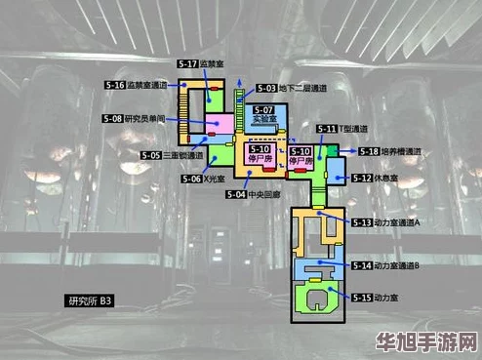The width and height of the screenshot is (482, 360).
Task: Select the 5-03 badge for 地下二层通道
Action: (x=266, y=88)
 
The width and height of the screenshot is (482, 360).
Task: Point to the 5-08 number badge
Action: (x=112, y=118)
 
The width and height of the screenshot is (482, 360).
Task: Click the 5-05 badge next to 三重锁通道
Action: (x=151, y=155)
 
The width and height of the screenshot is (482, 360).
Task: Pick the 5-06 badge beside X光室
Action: (x=191, y=180)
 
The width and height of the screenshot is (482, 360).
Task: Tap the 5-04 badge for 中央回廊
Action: (x=237, y=194)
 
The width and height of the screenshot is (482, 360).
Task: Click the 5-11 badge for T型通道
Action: (x=327, y=129)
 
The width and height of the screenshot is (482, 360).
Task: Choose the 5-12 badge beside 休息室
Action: (x=362, y=179)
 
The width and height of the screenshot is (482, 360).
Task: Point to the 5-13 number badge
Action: (x=361, y=222)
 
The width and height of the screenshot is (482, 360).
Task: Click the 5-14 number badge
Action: (x=361, y=265)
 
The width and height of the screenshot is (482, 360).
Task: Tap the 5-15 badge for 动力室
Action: (x=362, y=297)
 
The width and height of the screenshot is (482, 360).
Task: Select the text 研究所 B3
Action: (x=91, y=301)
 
